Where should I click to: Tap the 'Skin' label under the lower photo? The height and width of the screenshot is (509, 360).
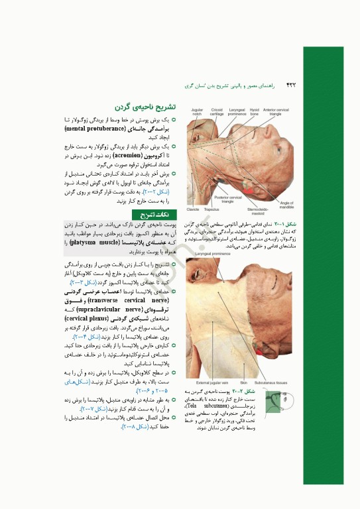(x=243, y=382)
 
